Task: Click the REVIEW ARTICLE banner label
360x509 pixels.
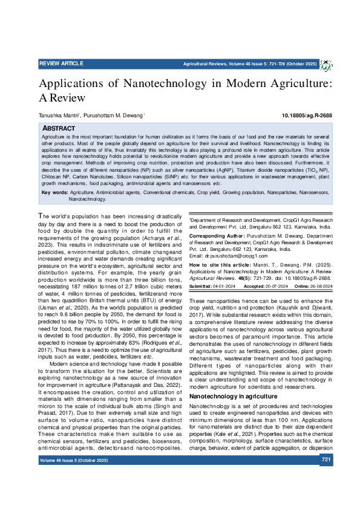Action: pos(61,62)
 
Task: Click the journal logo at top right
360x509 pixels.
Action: pos(326,64)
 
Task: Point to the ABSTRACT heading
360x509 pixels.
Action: pos(58,129)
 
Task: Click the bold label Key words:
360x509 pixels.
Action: pos(55,192)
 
